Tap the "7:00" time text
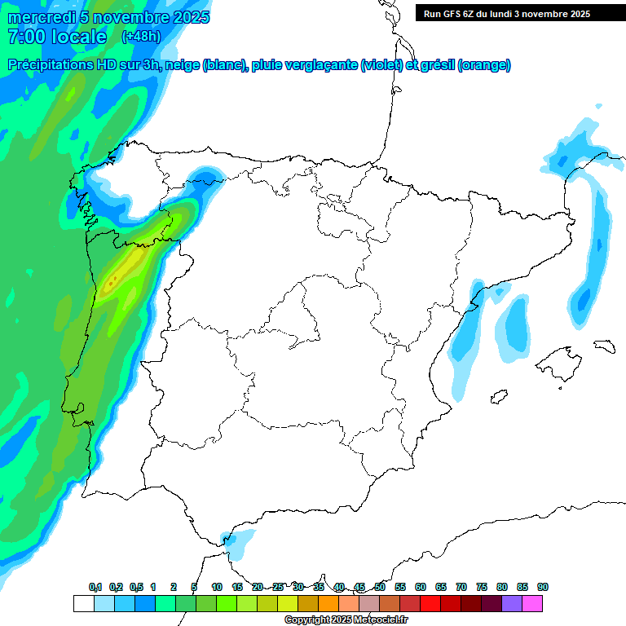(24, 37)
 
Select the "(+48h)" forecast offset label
(141, 37)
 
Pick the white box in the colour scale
(83, 604)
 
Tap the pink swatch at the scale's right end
(532, 604)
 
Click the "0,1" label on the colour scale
(95, 587)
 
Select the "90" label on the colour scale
(543, 587)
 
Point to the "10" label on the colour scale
(217, 587)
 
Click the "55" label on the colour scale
(400, 587)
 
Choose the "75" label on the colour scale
(482, 587)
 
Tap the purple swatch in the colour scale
(512, 604)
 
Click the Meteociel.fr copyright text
(346, 620)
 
